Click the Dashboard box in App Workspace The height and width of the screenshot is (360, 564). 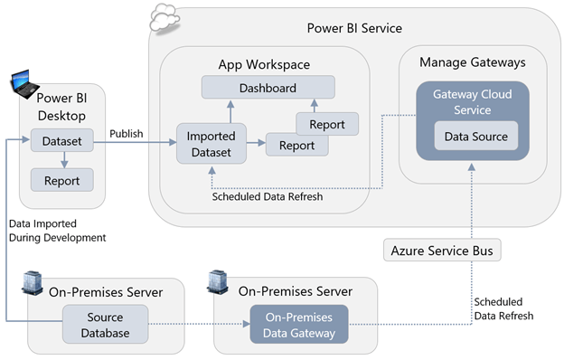point(268,88)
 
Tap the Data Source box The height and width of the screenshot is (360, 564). point(463,137)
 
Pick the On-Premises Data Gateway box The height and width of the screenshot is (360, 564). point(298,326)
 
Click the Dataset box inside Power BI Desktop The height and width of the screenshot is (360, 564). point(61,141)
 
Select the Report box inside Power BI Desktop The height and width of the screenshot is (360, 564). point(61,181)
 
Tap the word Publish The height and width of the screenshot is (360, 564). point(127,134)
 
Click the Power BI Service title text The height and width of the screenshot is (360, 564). point(353,29)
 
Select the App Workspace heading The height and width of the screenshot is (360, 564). point(264,64)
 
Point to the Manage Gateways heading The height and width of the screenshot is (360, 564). point(472,62)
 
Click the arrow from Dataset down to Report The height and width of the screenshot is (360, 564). point(61,160)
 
